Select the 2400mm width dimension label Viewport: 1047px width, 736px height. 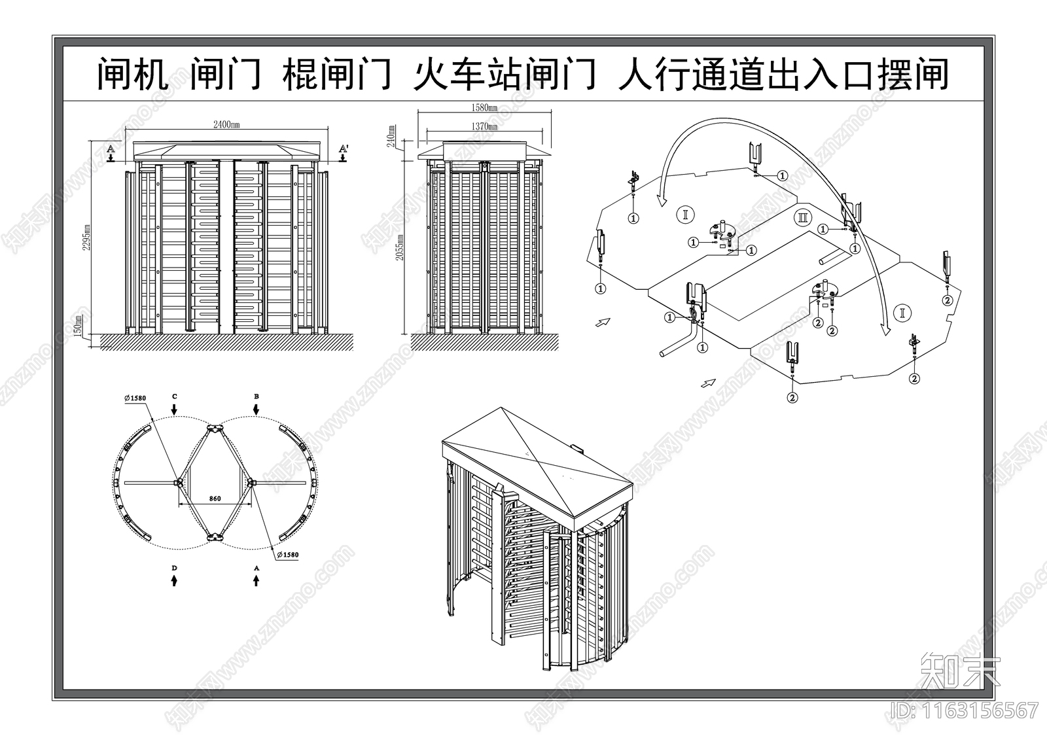226,126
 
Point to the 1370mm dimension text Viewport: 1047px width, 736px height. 484,127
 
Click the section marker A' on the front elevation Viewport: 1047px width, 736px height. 343,150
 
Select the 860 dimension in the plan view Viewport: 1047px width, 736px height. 215,499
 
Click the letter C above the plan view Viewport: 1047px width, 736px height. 174,396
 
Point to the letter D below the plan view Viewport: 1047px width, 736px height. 174,569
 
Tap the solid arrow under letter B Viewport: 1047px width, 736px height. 257,408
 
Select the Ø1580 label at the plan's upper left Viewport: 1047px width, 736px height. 135,398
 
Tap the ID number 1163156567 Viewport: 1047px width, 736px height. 962,710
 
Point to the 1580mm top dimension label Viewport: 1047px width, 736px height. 484,107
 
